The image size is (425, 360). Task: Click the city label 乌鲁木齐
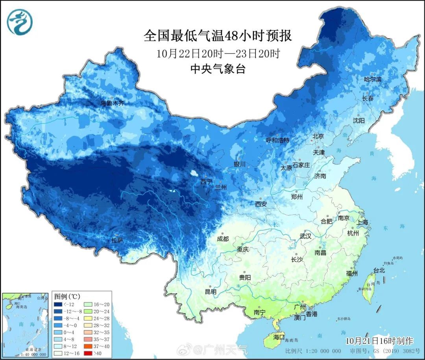tap(112, 103)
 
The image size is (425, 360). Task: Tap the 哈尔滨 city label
tap(372, 79)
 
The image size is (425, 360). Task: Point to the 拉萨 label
tap(117, 240)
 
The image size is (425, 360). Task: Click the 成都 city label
tap(222, 239)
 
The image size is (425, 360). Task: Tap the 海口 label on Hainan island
tap(279, 338)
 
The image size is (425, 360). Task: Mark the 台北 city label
tap(379, 271)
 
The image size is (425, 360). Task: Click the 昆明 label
tap(211, 292)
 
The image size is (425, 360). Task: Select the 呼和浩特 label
tap(277, 140)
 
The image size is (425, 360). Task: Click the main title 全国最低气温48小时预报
tap(218, 36)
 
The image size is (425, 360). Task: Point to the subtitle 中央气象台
tap(218, 69)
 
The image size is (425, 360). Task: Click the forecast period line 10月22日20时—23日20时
tap(218, 53)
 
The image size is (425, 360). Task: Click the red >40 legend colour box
tap(89, 354)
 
